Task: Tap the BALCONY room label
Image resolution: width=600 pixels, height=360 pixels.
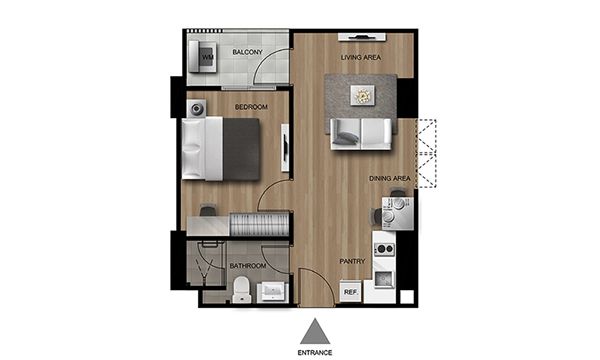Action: pyautogui.click(x=248, y=52)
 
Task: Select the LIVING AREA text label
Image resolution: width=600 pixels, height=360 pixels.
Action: pyautogui.click(x=361, y=57)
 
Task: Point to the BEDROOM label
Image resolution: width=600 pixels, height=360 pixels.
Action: pyautogui.click(x=251, y=107)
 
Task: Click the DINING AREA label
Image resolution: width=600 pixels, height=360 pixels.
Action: pyautogui.click(x=390, y=178)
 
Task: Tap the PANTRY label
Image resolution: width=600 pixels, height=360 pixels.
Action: pyautogui.click(x=352, y=261)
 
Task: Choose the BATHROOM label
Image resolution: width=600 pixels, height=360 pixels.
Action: pyautogui.click(x=248, y=266)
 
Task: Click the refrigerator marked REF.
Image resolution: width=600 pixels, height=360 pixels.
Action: pyautogui.click(x=351, y=292)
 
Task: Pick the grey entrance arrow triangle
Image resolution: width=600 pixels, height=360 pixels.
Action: pyautogui.click(x=315, y=331)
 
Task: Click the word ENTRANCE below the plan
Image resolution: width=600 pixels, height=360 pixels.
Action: pyautogui.click(x=315, y=353)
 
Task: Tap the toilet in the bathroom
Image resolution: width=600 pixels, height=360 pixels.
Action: pyautogui.click(x=242, y=290)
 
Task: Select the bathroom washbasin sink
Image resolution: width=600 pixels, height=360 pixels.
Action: pyautogui.click(x=272, y=292)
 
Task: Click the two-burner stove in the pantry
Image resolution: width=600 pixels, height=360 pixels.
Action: pyautogui.click(x=384, y=249)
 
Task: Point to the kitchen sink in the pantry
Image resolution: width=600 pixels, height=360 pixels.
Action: pyautogui.click(x=384, y=279)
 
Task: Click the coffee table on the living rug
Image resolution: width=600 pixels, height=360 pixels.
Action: pyautogui.click(x=362, y=95)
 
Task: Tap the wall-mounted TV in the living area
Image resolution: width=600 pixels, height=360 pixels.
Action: pyautogui.click(x=362, y=37)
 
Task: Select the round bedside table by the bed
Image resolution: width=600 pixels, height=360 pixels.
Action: pyautogui.click(x=197, y=109)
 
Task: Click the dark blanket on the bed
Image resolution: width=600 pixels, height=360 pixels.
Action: pyautogui.click(x=241, y=149)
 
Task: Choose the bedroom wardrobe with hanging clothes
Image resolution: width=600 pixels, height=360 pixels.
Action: pyautogui.click(x=259, y=224)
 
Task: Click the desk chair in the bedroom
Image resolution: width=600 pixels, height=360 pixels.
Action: pyautogui.click(x=208, y=210)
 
